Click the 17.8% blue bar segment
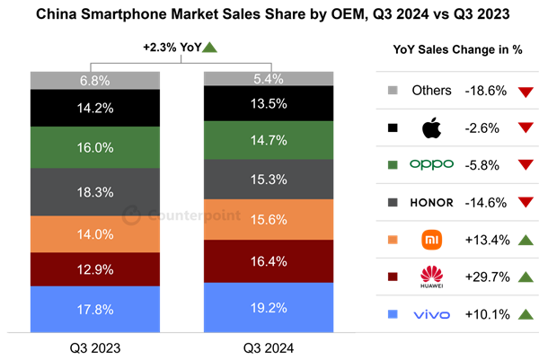[95, 310]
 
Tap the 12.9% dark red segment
[95, 269]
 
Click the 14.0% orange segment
[95, 234]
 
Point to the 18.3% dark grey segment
[95, 192]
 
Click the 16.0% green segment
[95, 147]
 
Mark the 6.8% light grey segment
[95, 81]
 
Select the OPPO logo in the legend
[431, 164]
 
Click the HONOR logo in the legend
[432, 203]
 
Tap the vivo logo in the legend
[431, 314]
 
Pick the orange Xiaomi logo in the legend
[432, 240]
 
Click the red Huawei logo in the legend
[432, 277]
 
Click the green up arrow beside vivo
[526, 314]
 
